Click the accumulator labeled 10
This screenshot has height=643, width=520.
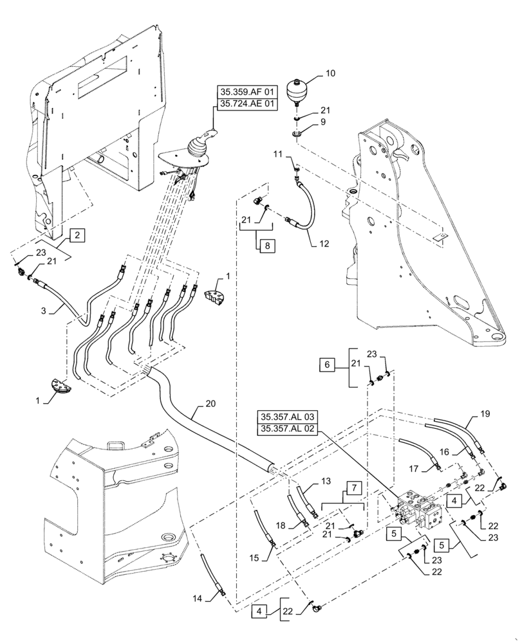[297, 90]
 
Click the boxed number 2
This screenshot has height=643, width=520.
[77, 235]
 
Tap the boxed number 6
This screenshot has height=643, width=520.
[327, 365]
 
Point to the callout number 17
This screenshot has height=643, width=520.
[416, 469]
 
